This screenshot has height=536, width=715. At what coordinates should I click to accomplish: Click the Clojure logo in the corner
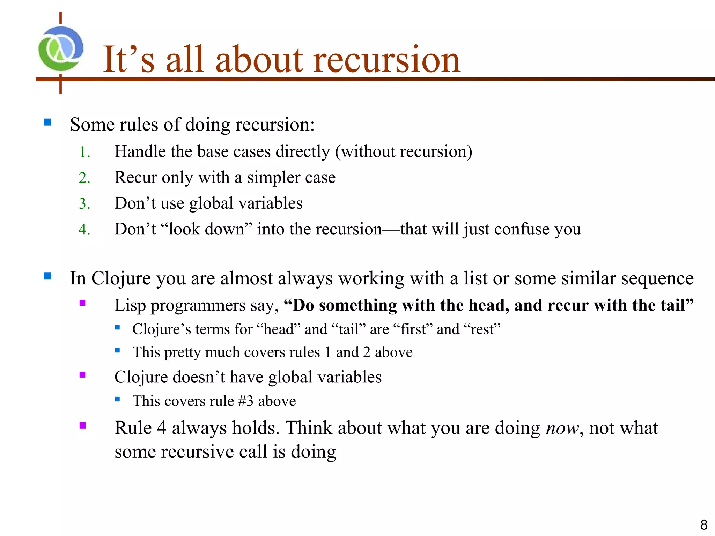pyautogui.click(x=61, y=49)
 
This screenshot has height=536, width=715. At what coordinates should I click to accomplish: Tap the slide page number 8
pyautogui.click(x=703, y=525)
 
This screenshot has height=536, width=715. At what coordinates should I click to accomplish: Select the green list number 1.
pyautogui.click(x=84, y=152)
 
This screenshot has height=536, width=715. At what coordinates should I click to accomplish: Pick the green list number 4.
pyautogui.click(x=84, y=230)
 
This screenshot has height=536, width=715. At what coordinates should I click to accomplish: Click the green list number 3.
pyautogui.click(x=84, y=204)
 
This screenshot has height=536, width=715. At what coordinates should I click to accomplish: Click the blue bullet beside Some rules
pyautogui.click(x=47, y=122)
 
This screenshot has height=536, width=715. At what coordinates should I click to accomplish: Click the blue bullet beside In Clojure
pyautogui.click(x=47, y=276)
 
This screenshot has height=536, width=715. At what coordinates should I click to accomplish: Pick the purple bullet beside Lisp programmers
pyautogui.click(x=82, y=303)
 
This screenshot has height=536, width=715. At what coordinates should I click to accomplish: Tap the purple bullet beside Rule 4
pyautogui.click(x=82, y=425)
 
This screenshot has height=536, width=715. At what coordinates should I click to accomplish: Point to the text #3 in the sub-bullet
pyautogui.click(x=246, y=401)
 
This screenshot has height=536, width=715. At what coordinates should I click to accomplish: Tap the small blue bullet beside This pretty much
pyautogui.click(x=117, y=350)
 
